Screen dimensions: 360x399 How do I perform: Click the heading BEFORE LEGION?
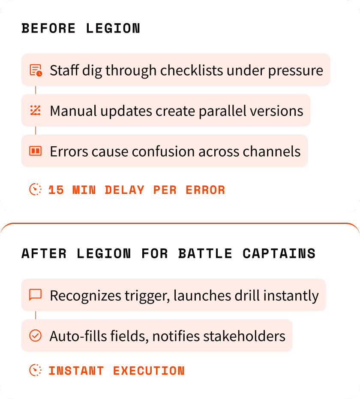pyautogui.click(x=81, y=29)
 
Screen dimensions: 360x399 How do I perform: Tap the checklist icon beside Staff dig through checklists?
pyautogui.click(x=36, y=70)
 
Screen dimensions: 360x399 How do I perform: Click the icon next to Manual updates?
pyautogui.click(x=36, y=111)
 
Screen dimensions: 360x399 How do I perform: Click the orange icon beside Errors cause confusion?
pyautogui.click(x=36, y=151)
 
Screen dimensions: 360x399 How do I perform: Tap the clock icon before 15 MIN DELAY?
pyautogui.click(x=36, y=189)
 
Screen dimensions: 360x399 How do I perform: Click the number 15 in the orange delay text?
pyautogui.click(x=56, y=190)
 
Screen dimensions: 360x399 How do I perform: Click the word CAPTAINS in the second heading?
pyautogui.click(x=279, y=254)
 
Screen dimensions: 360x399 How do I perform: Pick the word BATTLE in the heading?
pyautogui.click(x=205, y=254)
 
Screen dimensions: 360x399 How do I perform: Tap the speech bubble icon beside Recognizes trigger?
pyautogui.click(x=36, y=295)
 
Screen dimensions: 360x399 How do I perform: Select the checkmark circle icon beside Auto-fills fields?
pyautogui.click(x=36, y=336)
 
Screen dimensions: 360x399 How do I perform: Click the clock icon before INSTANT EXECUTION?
pyautogui.click(x=36, y=370)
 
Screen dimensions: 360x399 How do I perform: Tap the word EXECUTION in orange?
pyautogui.click(x=149, y=371)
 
